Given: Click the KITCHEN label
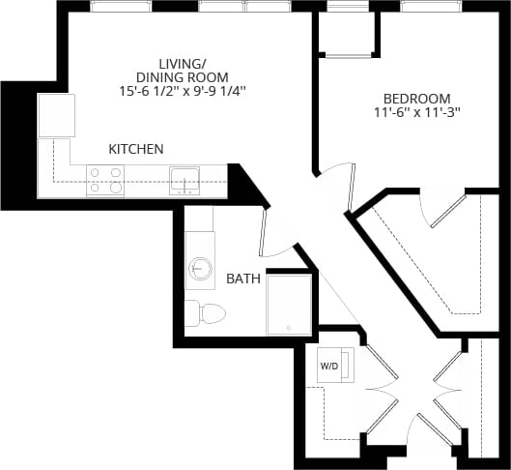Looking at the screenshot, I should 135,149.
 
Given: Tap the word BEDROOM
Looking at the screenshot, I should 417,98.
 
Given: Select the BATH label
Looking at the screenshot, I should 243,279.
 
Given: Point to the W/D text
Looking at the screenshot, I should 329,366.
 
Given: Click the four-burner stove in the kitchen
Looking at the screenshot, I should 105,180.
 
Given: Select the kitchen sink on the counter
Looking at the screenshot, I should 185,180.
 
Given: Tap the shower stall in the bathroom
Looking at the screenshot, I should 289,304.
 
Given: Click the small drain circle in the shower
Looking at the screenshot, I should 288,329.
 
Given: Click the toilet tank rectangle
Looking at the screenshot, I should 191,312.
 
